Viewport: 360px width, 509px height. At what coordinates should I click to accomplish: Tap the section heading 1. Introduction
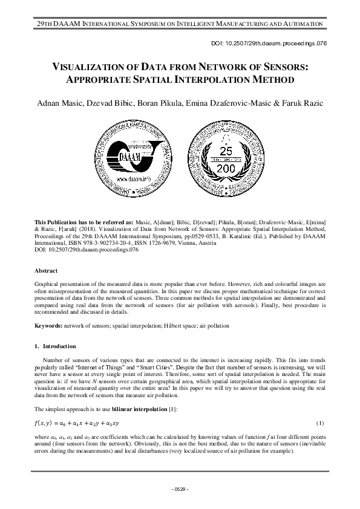pos(55,346)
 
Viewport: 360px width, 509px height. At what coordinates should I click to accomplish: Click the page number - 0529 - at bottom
pos(180,488)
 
